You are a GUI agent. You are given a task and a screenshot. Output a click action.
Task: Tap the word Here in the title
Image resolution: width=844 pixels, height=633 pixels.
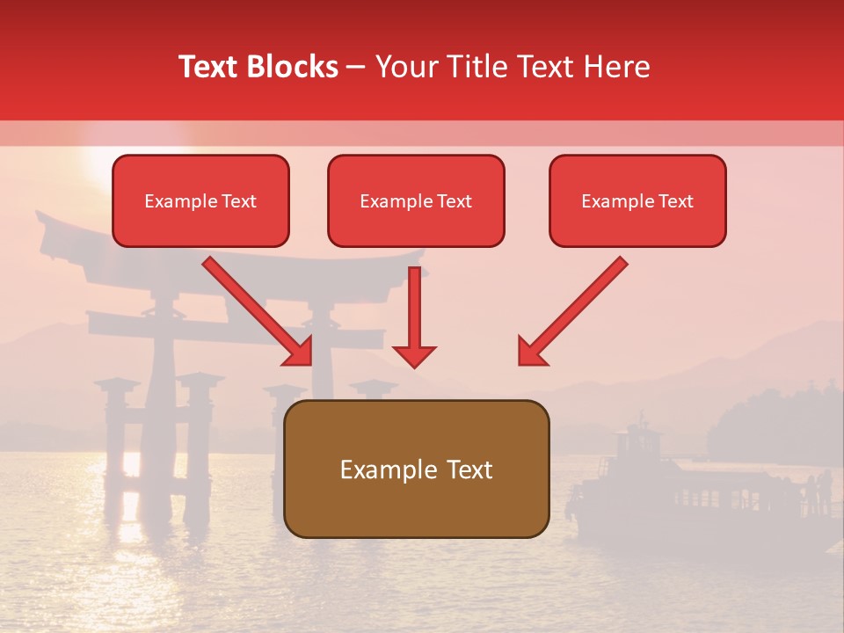616,67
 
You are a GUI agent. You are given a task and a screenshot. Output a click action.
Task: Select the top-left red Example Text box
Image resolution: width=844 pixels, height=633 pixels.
200,201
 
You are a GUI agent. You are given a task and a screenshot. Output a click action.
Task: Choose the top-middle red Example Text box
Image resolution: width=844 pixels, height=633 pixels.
416,201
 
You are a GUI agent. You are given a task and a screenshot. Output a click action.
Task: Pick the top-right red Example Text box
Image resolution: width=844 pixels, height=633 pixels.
637,201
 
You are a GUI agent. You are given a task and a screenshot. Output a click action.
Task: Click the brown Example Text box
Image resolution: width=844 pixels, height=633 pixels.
417,469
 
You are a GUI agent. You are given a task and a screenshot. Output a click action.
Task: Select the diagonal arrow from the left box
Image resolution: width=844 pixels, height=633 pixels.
255,308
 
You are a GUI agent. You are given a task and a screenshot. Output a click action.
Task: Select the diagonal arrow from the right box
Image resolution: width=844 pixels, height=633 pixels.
576,308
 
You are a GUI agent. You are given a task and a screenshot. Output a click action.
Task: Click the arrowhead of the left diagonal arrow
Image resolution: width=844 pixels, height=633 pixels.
300,351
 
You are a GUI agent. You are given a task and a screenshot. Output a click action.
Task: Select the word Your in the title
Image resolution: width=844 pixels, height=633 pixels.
405,67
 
